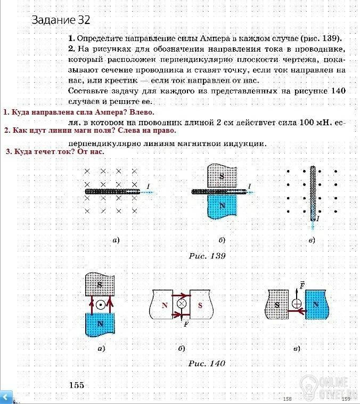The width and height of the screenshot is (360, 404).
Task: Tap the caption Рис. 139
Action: pos(207,256)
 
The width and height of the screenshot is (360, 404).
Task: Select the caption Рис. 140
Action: pos(207,363)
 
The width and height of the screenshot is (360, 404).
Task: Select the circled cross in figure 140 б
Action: pos(182,304)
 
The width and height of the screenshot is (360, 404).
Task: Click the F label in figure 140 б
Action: pos(185,323)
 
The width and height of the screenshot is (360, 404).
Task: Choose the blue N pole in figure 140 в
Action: pos(316,305)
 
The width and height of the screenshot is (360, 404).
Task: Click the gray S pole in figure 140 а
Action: pos(100,285)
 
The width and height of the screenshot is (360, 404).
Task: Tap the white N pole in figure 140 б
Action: pos(163,305)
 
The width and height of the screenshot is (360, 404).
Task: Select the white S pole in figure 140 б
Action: pos(200,305)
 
